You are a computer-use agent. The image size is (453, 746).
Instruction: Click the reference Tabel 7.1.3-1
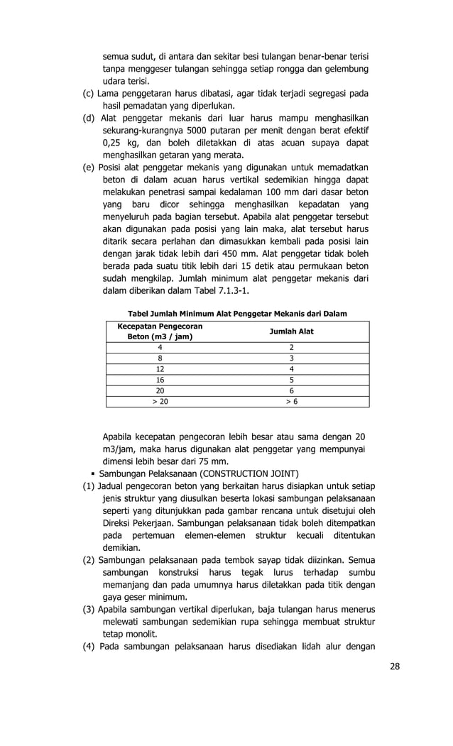[x=219, y=291]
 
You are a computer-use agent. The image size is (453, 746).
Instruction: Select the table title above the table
[x=237, y=313]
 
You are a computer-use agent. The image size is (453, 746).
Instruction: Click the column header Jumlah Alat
[x=290, y=331]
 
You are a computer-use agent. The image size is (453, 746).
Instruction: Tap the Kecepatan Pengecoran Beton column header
[x=159, y=331]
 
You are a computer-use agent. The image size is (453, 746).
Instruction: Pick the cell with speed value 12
[x=159, y=369]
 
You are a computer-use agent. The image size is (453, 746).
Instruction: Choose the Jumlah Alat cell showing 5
[x=290, y=380]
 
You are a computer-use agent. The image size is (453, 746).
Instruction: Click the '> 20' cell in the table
[x=159, y=401]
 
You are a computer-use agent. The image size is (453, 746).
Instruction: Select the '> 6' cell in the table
[x=290, y=401]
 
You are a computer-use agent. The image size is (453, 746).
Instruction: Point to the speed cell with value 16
[x=159, y=380]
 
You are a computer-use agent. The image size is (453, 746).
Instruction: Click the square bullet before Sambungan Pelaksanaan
[x=93, y=473]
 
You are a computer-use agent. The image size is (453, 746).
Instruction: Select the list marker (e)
[x=90, y=168]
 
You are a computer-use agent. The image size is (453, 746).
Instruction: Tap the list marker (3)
[x=90, y=609]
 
